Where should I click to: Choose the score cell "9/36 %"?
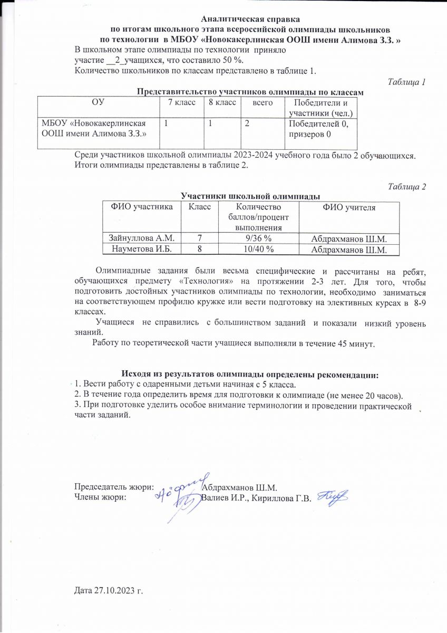pyautogui.click(x=258, y=238)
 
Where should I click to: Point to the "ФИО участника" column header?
pyautogui.click(x=141, y=208)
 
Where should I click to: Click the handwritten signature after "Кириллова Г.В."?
pyautogui.click(x=334, y=496)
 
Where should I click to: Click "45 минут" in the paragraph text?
pyautogui.click(x=355, y=344)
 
